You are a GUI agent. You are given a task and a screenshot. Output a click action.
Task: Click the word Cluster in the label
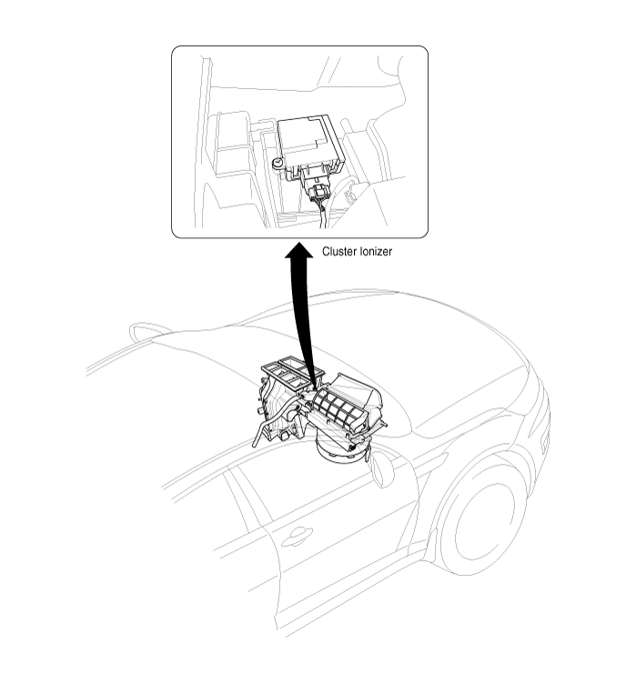(339, 251)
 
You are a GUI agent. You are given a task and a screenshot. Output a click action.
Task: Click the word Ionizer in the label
(376, 251)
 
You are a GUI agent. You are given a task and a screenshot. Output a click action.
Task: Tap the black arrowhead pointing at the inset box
(299, 251)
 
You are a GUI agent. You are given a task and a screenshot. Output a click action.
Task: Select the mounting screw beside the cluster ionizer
(278, 163)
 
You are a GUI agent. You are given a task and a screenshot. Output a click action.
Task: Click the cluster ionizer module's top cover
(308, 137)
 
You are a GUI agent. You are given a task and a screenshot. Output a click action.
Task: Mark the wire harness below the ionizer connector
(323, 215)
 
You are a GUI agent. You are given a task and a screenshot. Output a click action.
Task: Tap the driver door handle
(298, 537)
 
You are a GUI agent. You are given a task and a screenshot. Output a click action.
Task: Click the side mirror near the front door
(382, 468)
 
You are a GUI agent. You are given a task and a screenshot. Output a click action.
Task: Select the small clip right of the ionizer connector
(348, 195)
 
